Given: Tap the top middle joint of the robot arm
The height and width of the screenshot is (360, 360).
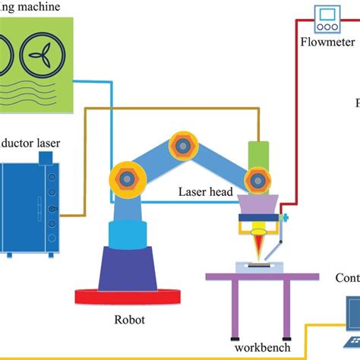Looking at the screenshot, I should pos(182,144).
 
